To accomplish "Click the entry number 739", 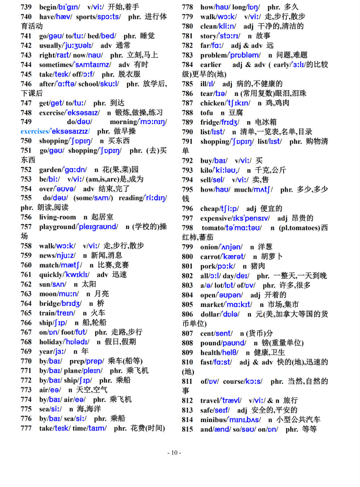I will [26, 7].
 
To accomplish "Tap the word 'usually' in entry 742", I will [50, 45].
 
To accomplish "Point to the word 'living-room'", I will [58, 218].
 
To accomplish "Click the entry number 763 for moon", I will [26, 294].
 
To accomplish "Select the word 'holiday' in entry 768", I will [51, 342].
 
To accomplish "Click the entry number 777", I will [26, 428].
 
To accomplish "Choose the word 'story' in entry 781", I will [208, 36].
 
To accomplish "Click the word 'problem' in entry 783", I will [213, 55].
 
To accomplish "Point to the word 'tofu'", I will [207, 113].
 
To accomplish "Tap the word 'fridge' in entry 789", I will [209, 122].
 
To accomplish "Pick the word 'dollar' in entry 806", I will [210, 314].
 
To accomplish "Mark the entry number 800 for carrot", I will [187, 257].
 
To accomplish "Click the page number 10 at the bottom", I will [174, 453].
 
